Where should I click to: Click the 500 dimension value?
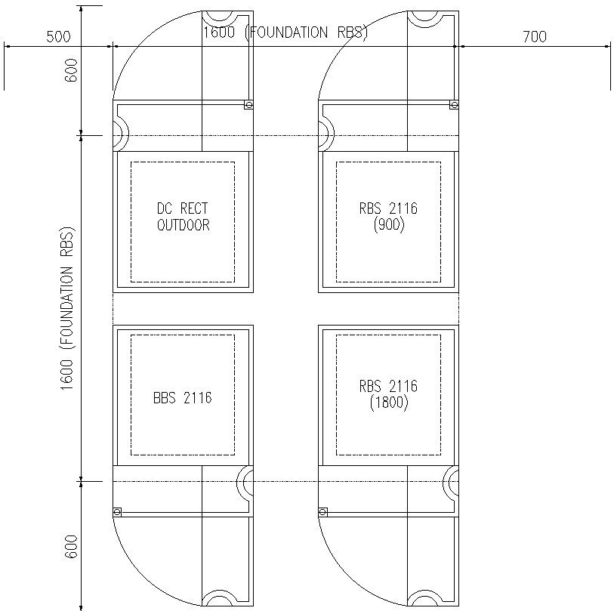(x=58, y=37)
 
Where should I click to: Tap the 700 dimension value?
(x=535, y=37)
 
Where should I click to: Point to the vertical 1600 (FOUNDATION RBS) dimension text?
(x=67, y=308)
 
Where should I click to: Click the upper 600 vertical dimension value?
(x=71, y=70)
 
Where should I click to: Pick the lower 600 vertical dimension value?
(x=71, y=547)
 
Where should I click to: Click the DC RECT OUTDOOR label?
(x=184, y=217)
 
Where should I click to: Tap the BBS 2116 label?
(x=183, y=398)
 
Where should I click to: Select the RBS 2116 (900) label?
(x=388, y=217)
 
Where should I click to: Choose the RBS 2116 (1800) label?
(x=388, y=394)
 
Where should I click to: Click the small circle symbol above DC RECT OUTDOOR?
(x=248, y=104)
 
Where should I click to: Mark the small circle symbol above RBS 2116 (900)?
(x=454, y=104)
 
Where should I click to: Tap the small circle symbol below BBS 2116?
(x=117, y=512)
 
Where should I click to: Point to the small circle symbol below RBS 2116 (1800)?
(x=322, y=512)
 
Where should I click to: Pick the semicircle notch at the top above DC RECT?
(x=219, y=26)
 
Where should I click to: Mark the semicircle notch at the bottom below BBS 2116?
(x=219, y=590)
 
